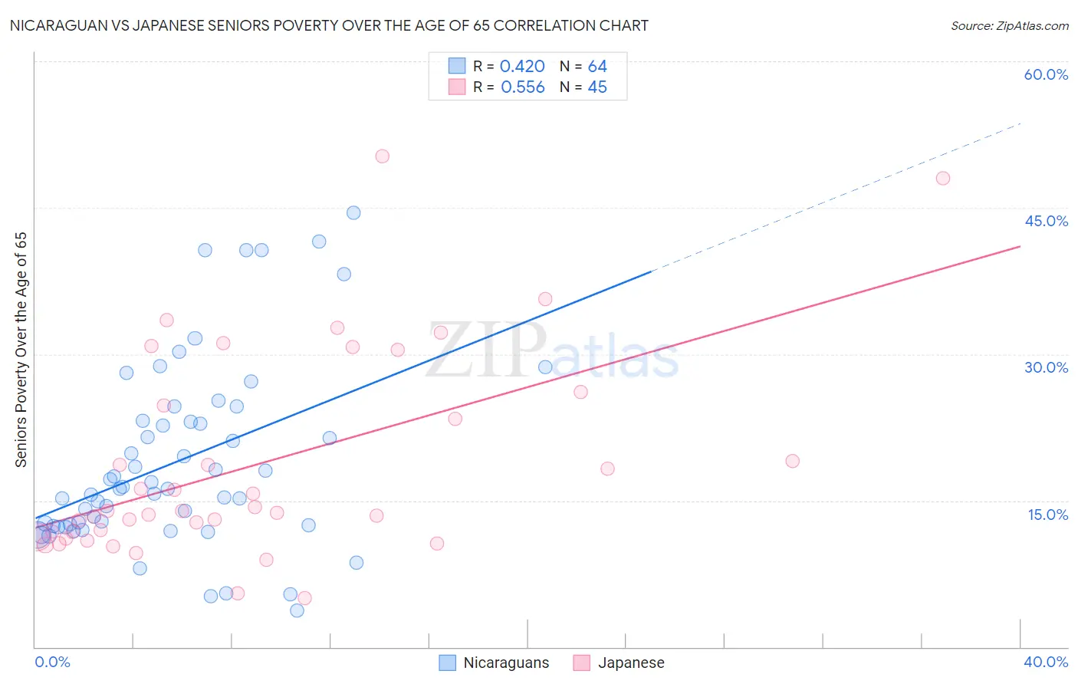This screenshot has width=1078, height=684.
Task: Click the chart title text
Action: [329, 26]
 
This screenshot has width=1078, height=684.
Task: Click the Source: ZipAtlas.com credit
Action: [1009, 26]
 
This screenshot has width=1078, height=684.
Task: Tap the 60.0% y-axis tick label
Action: [1046, 74]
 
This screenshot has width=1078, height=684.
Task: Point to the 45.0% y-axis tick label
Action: [1046, 221]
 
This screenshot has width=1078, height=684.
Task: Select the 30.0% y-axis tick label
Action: [1046, 367]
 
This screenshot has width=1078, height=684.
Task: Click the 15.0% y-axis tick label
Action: [1047, 515]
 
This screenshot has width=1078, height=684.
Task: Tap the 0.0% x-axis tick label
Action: [52, 662]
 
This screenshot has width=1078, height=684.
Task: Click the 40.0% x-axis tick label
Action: [1046, 662]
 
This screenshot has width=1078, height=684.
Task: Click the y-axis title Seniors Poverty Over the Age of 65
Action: [21, 350]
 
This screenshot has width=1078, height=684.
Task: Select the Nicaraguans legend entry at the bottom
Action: [495, 663]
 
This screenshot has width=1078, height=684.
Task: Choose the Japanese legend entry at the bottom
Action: [620, 663]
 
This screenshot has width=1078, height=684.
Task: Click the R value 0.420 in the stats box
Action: [522, 67]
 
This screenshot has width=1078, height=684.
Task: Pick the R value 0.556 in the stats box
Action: [522, 87]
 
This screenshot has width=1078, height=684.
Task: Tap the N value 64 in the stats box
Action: [597, 67]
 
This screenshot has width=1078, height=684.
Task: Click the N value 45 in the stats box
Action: [597, 87]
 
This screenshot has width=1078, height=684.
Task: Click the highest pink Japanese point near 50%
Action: [382, 156]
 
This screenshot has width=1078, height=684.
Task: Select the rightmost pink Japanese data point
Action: [943, 179]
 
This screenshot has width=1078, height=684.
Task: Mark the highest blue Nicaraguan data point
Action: [353, 212]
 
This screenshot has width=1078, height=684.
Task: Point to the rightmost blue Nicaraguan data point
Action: [545, 367]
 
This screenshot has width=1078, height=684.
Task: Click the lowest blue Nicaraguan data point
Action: [297, 610]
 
